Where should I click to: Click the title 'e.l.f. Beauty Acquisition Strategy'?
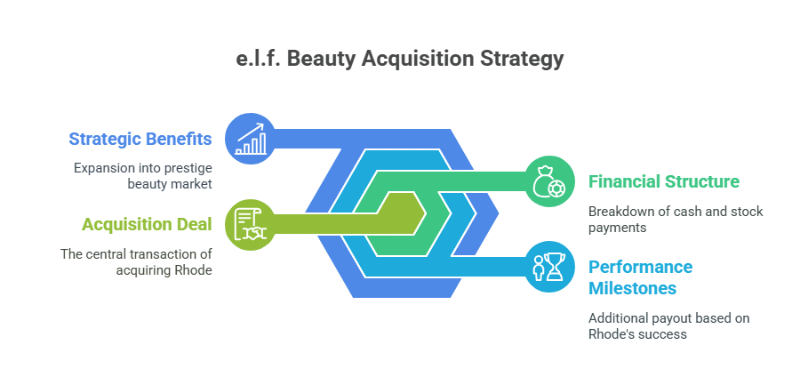[x=400, y=60]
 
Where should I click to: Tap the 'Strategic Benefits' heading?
[x=140, y=139]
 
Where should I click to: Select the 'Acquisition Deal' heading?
[x=147, y=224]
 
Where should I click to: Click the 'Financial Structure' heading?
[x=664, y=181]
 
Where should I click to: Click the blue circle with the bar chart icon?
[x=250, y=138]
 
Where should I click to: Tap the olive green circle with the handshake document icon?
[x=250, y=224]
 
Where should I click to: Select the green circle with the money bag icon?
[x=548, y=181]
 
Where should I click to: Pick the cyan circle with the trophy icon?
[x=548, y=267]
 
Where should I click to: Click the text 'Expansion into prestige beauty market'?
[x=142, y=175]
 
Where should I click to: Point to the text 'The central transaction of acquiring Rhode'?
[x=136, y=261]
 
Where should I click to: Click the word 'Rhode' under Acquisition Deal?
[x=195, y=269]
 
